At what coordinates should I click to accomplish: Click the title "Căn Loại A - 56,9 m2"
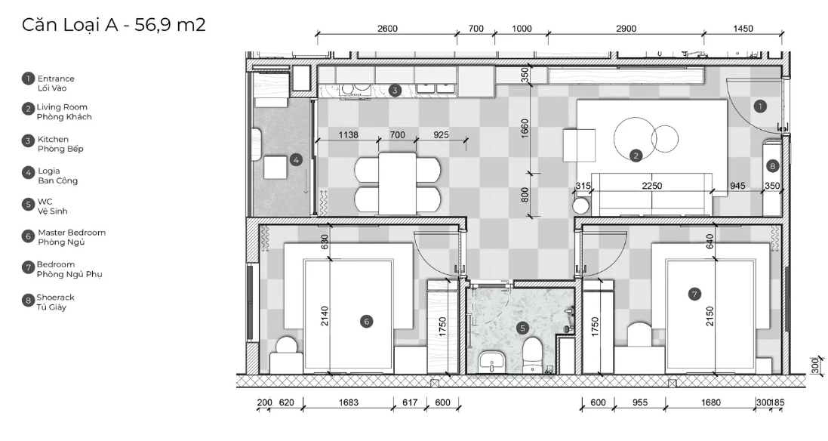coord(113,25)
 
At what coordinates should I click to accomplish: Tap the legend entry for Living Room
coord(57,112)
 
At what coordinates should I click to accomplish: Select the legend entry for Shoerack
coord(48,302)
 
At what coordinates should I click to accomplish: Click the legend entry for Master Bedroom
coord(64,237)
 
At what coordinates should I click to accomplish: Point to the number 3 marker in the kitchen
coord(395,91)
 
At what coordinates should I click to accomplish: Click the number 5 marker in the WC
coord(522,328)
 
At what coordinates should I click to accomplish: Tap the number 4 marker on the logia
coord(296,159)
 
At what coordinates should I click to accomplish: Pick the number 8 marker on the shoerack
coord(773,166)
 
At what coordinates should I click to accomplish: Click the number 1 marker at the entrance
coord(760,106)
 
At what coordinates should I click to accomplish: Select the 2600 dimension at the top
coord(387,29)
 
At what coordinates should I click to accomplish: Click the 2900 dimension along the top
coord(626,29)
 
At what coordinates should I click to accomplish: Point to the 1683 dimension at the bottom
coord(349,402)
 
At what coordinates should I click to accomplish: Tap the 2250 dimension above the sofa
coord(652,185)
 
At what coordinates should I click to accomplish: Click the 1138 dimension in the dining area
coord(348,134)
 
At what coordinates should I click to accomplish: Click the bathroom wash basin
coord(492,363)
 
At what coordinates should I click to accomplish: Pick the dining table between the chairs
coord(397,183)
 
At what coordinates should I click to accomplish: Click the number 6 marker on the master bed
coord(366,321)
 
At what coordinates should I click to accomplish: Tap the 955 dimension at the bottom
coord(639,402)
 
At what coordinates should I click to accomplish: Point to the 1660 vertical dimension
coord(525,129)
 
